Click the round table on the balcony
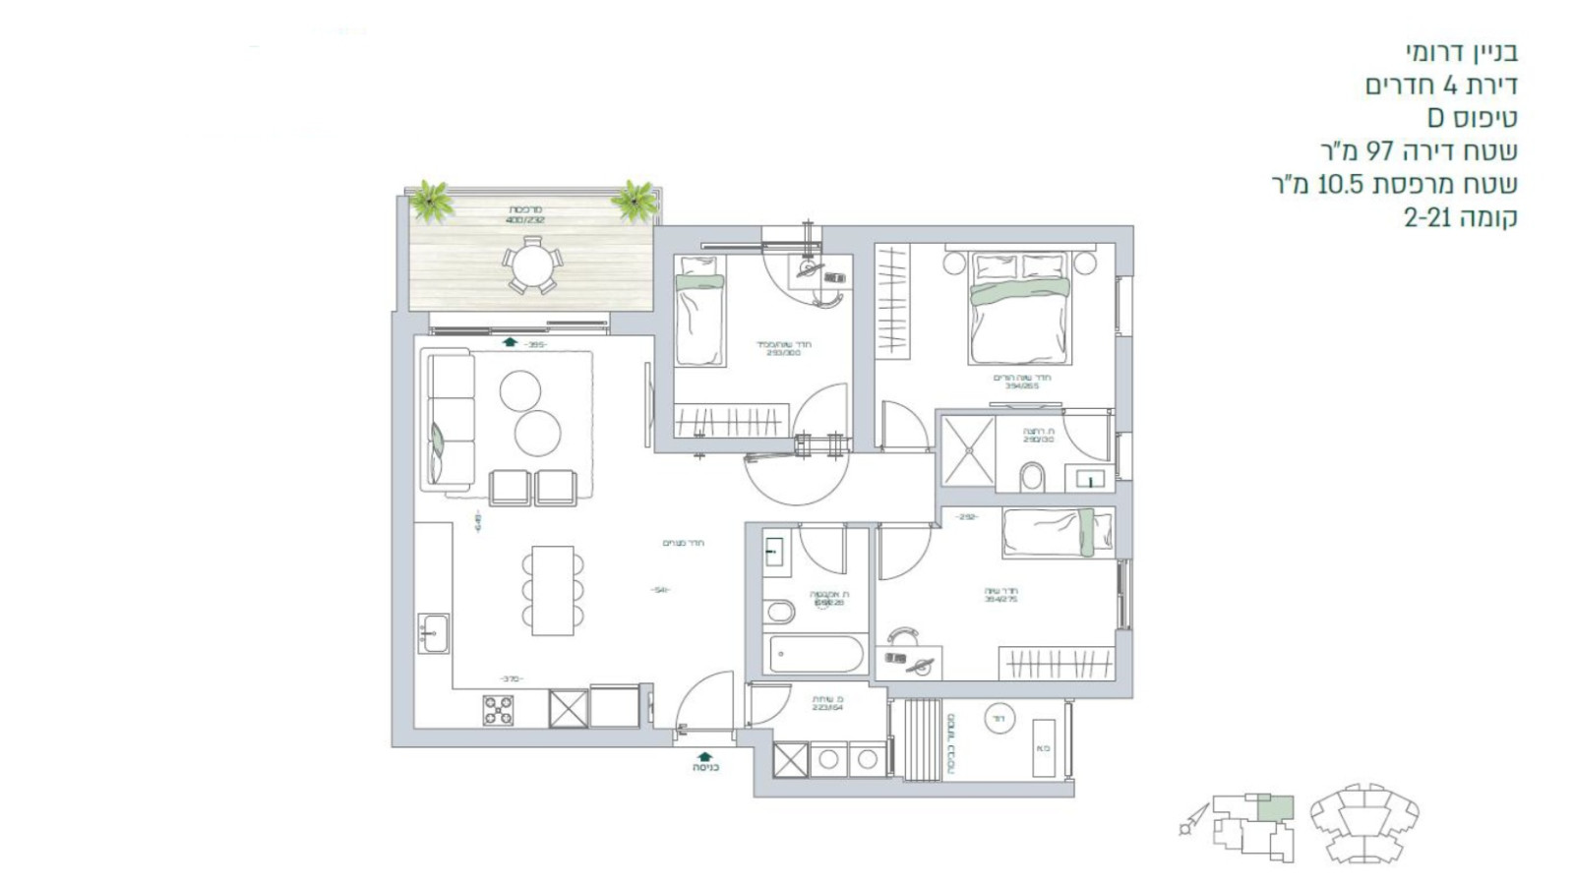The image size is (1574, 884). pos(532,265)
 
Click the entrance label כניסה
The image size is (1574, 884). pos(705,768)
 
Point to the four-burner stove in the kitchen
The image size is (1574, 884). pos(498,710)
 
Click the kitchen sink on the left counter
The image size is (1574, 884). pos(433,633)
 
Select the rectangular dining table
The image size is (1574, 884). pos(552,590)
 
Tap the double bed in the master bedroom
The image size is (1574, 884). pos(1018,308)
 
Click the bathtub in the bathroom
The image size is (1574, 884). pos(817,654)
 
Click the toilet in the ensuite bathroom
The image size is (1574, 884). pos(1033,477)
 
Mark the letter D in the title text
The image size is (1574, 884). pos(1436,118)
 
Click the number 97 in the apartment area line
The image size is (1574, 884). pos(1380,151)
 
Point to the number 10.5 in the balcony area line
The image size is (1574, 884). pos(1338,185)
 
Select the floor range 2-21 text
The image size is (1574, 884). pos(1427,218)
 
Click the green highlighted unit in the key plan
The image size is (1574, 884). pos(1276,809)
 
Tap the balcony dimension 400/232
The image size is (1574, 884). pos(525,220)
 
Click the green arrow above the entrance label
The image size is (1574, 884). pos(705,755)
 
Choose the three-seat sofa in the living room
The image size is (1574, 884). pos(450,421)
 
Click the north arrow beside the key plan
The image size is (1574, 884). pos(1193,819)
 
